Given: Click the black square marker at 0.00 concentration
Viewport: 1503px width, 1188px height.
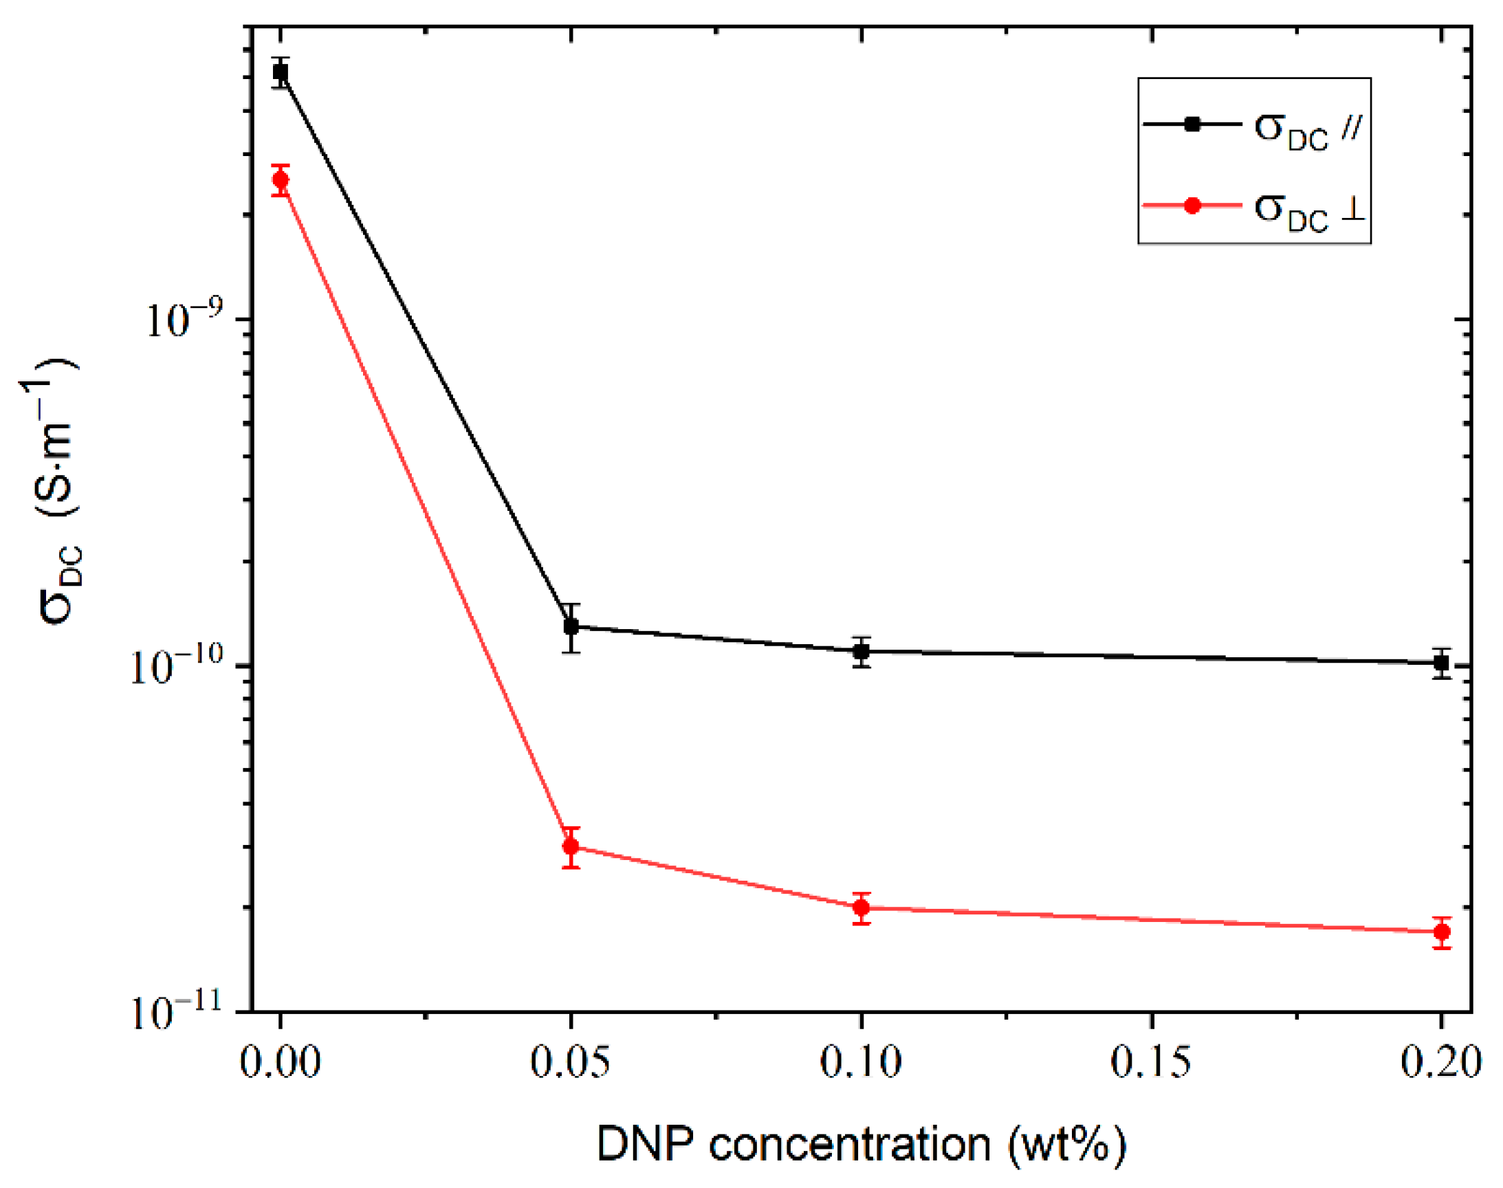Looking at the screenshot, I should tap(281, 71).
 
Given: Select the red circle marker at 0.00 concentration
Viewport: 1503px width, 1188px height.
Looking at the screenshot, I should tap(281, 180).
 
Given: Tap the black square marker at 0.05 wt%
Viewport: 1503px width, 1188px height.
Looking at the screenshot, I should tap(571, 626).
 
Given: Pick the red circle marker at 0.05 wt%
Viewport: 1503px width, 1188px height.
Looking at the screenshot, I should tap(571, 846).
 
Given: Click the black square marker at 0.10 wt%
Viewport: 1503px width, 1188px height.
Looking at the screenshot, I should tap(862, 652).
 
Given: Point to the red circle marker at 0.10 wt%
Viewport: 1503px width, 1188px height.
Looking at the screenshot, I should tap(862, 907).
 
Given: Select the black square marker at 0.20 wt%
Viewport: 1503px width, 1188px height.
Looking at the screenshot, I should tap(1442, 663).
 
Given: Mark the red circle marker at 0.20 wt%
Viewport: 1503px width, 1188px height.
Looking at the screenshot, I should tap(1442, 932).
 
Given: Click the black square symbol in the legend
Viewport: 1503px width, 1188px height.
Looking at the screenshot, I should tap(1193, 124).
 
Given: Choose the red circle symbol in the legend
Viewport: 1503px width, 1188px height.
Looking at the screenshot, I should tap(1193, 205).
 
